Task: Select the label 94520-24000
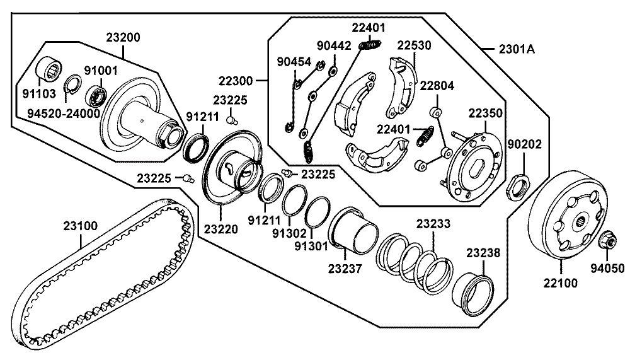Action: (63, 113)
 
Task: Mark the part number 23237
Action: (345, 269)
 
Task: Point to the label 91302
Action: (290, 231)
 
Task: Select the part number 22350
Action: (484, 113)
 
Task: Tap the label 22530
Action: (414, 45)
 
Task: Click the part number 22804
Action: (437, 86)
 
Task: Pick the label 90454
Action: (294, 61)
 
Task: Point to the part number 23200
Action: (123, 37)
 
